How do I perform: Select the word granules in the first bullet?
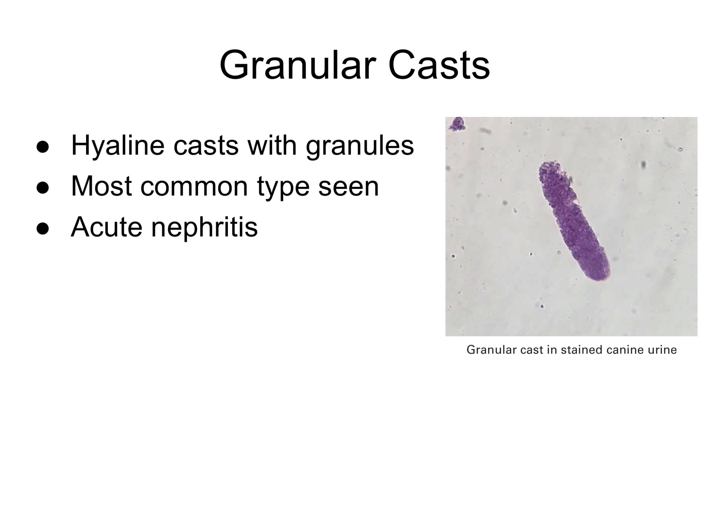coord(360,146)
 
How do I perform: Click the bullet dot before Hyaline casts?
coord(43,147)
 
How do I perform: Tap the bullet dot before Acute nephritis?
coord(43,228)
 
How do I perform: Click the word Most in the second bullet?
coord(101,186)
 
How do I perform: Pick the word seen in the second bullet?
coord(348,186)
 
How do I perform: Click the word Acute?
coord(107,227)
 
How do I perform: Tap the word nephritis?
coord(204,227)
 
